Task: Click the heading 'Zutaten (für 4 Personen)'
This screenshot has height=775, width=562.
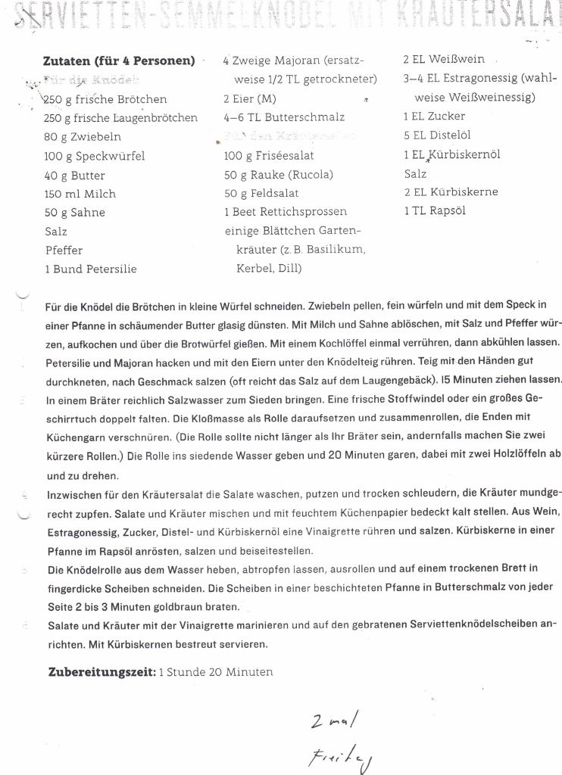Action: coord(120,61)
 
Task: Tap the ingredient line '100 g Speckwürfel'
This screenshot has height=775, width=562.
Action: coord(95,156)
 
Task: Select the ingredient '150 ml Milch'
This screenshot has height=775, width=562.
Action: coord(80,194)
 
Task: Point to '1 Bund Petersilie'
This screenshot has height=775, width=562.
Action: coord(91,269)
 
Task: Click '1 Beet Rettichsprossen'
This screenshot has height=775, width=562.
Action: coord(286,212)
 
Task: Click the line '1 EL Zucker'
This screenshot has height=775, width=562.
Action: coord(435,117)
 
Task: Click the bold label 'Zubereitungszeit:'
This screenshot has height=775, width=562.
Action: coord(101,672)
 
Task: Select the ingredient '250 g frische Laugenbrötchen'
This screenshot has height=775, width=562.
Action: coord(121,118)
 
